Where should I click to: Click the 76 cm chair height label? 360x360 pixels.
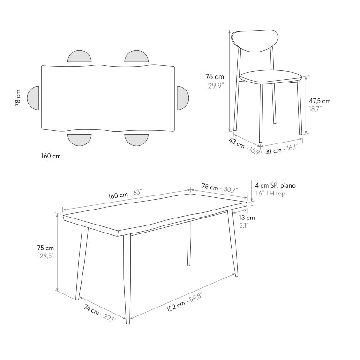[214, 77]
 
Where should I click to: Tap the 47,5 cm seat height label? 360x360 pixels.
[320, 101]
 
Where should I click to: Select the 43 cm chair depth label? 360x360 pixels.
[236, 143]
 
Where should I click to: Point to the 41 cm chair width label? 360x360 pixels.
[274, 151]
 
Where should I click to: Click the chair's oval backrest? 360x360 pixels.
[255, 41]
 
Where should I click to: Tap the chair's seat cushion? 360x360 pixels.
[270, 77]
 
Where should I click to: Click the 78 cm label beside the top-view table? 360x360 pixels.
[18, 98]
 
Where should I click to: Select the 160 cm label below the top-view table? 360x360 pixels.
[51, 156]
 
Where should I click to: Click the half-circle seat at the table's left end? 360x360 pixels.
[33, 98]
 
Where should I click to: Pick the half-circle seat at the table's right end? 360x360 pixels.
[183, 98]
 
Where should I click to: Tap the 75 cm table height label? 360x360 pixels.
[45, 248]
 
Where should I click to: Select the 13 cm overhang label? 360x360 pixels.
[247, 217]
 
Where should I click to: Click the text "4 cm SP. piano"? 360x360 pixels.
[276, 185]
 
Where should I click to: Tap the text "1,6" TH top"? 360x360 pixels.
[270, 194]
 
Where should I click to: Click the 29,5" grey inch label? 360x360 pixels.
[47, 256]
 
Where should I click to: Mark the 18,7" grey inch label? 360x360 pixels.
[315, 109]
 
